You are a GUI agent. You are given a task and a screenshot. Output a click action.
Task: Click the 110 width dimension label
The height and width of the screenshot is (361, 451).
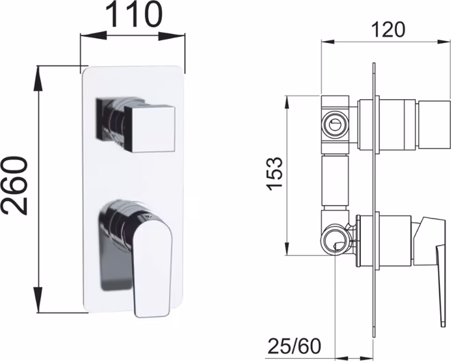tap(134, 14)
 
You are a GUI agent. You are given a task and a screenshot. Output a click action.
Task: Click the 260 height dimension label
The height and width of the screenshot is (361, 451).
tap(14, 186)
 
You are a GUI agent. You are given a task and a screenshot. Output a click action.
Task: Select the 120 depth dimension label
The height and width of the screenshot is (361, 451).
tap(388, 29)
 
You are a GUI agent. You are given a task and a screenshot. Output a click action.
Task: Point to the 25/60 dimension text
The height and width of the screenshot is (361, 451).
tap(295, 346)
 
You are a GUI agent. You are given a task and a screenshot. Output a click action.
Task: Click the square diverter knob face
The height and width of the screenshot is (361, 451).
tap(150, 129)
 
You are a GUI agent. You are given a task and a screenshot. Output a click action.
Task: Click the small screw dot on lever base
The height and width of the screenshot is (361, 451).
tap(148, 215)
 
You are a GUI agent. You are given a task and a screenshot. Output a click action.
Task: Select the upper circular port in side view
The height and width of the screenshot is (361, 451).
tap(335, 125)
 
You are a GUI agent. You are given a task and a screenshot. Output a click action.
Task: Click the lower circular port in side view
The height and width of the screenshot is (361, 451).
tap(335, 239)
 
